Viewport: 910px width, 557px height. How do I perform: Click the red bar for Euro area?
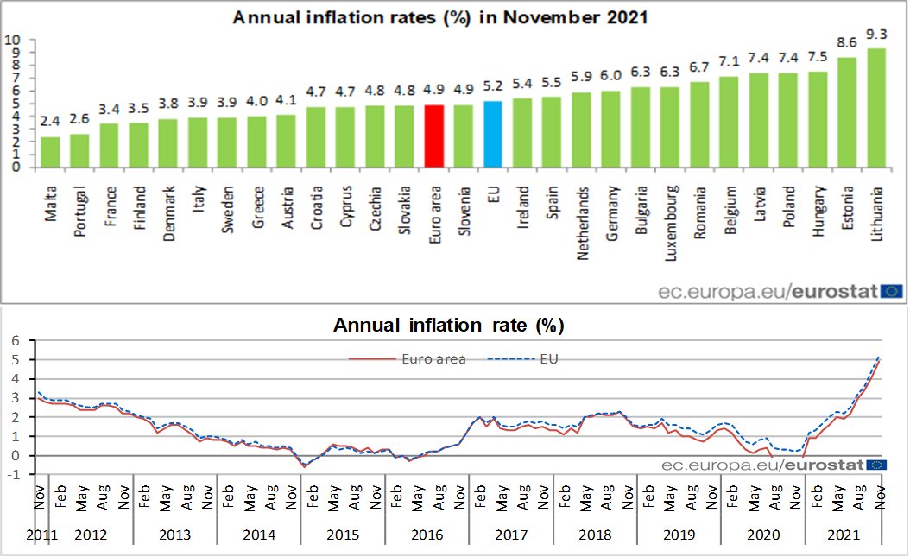point(435,136)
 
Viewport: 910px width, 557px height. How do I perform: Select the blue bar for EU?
point(493,134)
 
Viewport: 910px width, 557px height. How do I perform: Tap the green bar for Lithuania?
point(875,108)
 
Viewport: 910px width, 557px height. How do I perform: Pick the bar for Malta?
point(51,152)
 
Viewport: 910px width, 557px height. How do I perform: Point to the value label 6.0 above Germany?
point(610,74)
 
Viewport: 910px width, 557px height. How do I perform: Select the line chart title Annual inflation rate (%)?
point(448,326)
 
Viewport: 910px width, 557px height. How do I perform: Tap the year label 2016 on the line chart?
point(427,535)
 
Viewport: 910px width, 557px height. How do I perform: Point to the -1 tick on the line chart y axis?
point(12,474)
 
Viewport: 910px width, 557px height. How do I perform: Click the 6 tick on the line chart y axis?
point(14,341)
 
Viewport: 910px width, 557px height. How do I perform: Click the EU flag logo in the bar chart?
point(893,291)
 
